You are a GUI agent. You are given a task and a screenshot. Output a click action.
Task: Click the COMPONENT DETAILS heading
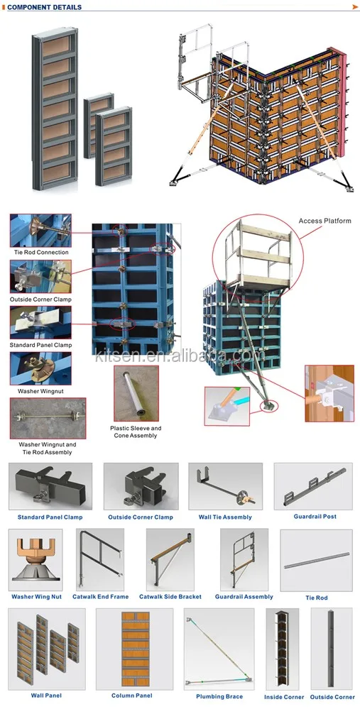pyautogui.click(x=44, y=7)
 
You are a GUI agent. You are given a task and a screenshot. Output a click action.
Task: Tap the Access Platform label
pyautogui.click(x=325, y=221)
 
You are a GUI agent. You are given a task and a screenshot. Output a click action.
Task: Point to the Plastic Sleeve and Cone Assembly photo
pyautogui.click(x=136, y=394)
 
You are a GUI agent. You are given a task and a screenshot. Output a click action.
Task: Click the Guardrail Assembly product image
pyautogui.click(x=244, y=560)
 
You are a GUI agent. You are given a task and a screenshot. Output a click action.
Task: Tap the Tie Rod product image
pyautogui.click(x=316, y=560)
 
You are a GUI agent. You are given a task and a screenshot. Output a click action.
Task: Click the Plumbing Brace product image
pyautogui.click(x=219, y=649)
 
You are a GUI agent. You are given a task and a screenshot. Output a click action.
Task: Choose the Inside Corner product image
pyautogui.click(x=284, y=649)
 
